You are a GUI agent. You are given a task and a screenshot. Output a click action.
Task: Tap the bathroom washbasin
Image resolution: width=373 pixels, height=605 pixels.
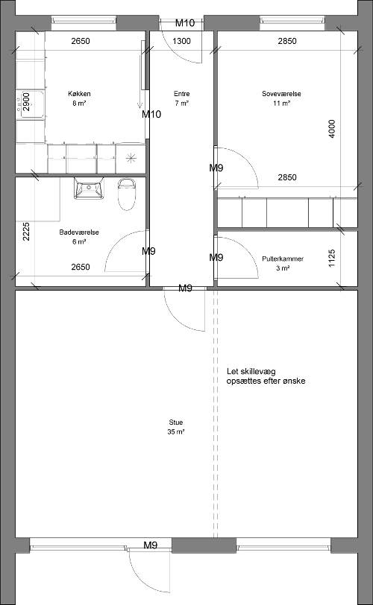pos(90,189)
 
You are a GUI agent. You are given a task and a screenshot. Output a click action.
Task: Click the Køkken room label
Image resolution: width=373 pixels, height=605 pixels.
pos(79,94)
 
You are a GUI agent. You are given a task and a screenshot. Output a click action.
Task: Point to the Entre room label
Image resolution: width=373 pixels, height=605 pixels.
pos(181,94)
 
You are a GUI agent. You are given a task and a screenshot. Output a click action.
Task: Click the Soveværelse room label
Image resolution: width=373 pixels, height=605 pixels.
pos(281,94)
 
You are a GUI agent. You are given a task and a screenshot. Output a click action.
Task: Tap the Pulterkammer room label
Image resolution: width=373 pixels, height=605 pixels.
pos(283,259)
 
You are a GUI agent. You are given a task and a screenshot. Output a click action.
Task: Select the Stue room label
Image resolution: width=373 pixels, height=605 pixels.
pos(176,422)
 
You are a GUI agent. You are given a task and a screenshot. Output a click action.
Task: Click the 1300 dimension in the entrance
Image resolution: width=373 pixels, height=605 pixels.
pos(181,41)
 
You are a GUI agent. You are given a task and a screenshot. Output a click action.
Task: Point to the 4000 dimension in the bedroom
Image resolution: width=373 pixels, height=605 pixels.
pos(331,129)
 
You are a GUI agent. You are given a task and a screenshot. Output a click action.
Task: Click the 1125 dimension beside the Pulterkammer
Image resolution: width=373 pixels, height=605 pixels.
pos(331,259)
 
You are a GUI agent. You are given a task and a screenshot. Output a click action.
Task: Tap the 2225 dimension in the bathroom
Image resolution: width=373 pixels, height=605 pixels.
pos(26,232)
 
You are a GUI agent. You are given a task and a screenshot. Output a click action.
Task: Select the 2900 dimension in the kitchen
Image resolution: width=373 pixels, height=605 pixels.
pos(26,102)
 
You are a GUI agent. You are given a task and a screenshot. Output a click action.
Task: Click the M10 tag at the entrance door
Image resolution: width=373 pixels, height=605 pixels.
pos(185,23)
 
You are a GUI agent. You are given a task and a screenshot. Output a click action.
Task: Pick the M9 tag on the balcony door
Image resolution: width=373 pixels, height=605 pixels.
pos(151,545)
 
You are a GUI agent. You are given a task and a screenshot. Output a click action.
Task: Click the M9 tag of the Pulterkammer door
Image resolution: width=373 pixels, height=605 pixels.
pos(216,257)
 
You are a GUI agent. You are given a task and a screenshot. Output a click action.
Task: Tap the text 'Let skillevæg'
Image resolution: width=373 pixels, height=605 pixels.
pos(251,372)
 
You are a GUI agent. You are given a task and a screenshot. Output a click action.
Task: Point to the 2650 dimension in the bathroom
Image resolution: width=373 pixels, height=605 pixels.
pos(81,267)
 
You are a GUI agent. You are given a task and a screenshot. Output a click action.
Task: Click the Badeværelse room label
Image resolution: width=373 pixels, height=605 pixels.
pos(79,232)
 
